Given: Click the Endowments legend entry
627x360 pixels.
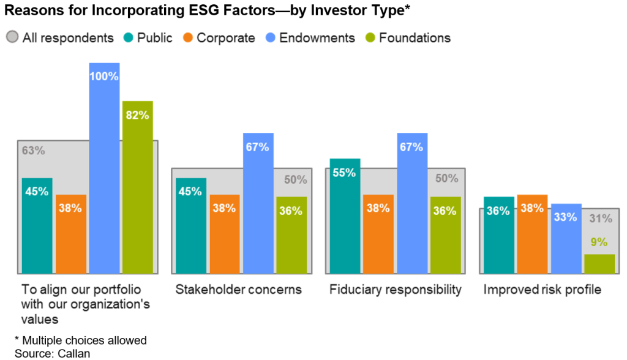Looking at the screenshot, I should click(310, 38).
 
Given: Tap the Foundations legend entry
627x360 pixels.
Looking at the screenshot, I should click(408, 38).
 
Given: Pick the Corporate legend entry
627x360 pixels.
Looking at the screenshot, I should click(219, 38).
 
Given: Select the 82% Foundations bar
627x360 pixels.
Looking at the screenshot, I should click(137, 187).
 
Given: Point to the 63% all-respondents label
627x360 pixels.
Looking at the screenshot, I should click(34, 151).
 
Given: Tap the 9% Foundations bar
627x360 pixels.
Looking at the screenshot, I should click(599, 263).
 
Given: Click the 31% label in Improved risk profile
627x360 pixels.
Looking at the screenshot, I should click(600, 219).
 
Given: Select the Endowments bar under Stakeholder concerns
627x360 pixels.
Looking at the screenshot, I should click(258, 203).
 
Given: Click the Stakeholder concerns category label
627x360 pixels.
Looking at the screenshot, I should click(238, 290).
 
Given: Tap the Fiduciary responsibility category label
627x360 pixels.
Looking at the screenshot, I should click(395, 290).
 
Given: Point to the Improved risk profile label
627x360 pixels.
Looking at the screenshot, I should click(543, 290).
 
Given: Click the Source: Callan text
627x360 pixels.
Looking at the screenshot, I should click(52, 353).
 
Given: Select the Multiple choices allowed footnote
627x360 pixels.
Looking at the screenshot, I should click(80, 340).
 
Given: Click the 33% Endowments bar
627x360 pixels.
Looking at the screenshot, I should click(566, 238).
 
